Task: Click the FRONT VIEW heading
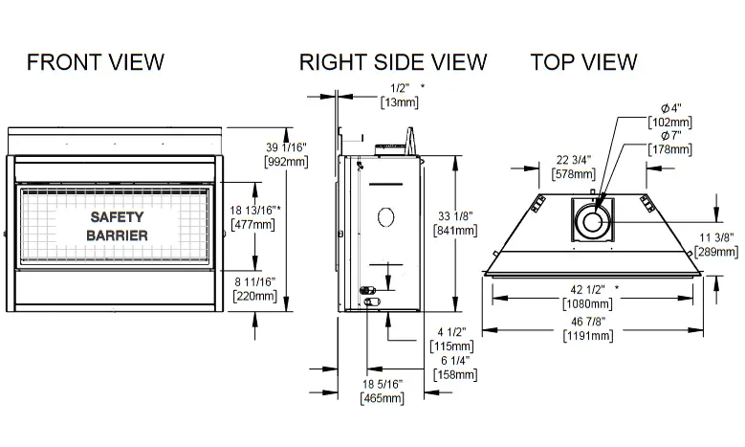coord(96,62)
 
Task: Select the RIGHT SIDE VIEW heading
coord(393,62)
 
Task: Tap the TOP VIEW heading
coord(583,62)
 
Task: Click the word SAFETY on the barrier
coord(117,217)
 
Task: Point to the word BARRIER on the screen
coord(117,235)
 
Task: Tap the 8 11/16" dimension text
coord(255,281)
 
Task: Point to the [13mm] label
coord(397,101)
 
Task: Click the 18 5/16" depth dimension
coord(382,384)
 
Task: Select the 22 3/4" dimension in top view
coord(575,160)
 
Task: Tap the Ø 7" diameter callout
coord(669,134)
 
